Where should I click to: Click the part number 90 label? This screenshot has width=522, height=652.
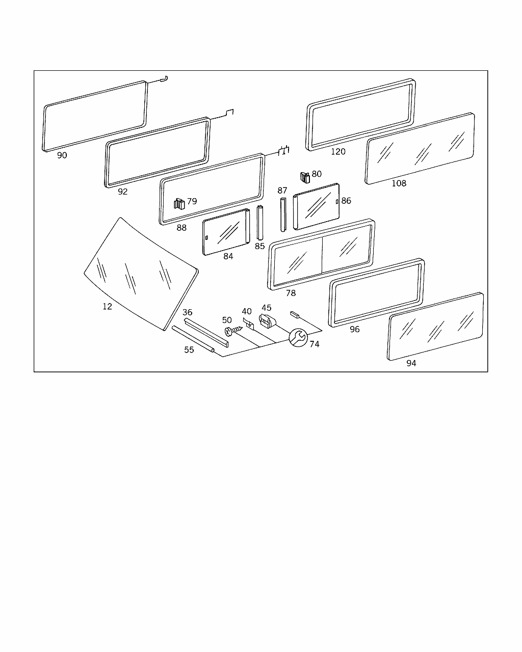62,155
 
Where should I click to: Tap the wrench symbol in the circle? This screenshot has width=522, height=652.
298,338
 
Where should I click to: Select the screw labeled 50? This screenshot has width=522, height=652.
233,331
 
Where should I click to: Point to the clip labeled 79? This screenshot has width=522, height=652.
179,204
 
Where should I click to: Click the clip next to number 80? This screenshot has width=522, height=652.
305,178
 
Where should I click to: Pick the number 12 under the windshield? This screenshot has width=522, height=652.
108,307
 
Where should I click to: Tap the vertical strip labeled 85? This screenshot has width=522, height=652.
260,223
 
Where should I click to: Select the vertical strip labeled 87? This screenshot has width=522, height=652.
283,215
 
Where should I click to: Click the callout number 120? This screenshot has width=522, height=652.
338,151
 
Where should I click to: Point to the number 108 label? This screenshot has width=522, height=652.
399,183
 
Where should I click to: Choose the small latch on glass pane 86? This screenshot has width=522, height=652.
337,202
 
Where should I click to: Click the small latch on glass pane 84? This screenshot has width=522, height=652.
206,237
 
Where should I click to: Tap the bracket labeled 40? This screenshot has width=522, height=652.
248,324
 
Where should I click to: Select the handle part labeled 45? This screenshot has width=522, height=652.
267,321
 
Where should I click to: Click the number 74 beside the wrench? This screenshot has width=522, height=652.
315,344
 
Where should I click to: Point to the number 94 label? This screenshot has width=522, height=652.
411,363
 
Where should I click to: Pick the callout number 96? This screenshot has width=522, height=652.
355,330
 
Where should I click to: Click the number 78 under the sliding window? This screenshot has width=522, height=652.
291,293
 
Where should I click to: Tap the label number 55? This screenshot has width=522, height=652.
189,350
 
